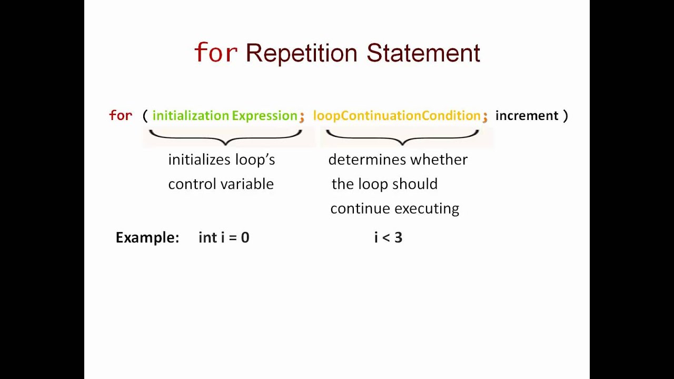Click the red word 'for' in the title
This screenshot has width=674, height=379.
[215, 53]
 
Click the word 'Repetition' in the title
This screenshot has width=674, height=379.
[301, 53]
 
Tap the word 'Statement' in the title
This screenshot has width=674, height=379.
[423, 53]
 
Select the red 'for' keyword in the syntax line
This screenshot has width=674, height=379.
[121, 116]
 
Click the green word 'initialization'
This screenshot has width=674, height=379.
[191, 116]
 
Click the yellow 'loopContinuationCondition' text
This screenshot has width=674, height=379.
[397, 116]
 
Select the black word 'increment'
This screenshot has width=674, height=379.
[527, 116]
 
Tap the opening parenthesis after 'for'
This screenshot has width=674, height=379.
[145, 116]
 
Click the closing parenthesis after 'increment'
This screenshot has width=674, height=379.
[566, 116]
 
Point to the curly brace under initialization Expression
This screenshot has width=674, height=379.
[225, 137]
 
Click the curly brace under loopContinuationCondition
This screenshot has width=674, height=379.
[402, 137]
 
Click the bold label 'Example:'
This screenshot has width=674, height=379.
[147, 237]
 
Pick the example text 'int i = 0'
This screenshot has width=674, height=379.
[224, 237]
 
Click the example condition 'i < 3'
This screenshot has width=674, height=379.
[388, 237]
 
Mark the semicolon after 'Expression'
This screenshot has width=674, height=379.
[302, 117]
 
